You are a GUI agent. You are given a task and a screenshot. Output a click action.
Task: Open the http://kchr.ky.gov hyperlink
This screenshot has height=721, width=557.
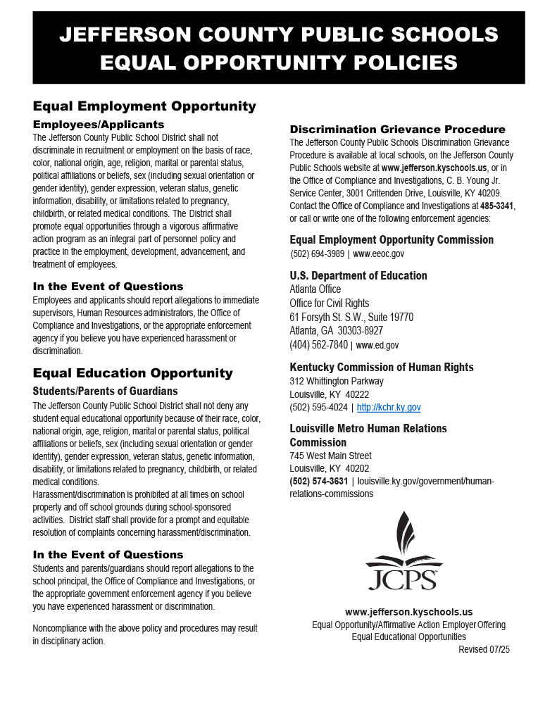389,408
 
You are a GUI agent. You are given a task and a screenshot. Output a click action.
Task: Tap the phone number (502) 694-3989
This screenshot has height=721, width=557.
318,254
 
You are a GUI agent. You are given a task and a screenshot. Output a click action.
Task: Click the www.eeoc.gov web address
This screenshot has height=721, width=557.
379,254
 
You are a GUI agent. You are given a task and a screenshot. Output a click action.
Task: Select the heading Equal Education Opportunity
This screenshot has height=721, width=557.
132,373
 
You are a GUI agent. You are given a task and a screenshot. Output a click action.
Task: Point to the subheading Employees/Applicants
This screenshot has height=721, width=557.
99,125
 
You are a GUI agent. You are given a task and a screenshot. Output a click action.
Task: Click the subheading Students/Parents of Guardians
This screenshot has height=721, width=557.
105,391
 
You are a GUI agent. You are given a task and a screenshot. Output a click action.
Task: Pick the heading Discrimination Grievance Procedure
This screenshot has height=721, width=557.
397,130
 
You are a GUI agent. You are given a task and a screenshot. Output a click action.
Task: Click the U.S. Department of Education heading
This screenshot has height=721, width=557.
358,275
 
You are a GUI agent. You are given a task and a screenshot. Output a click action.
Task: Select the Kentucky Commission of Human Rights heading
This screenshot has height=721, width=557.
382,368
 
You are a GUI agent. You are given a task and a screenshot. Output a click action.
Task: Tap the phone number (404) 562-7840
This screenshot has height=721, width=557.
318,345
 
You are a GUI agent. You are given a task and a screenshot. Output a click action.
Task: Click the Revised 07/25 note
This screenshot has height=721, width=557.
484,649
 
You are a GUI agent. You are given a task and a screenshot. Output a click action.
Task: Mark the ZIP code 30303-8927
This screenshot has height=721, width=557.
360,331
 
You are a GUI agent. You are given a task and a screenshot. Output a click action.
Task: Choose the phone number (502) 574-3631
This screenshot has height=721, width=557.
318,482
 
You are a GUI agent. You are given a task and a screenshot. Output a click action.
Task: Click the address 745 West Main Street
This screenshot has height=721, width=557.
330,456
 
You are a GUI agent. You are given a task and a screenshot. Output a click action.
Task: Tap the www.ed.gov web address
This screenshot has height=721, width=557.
377,346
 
